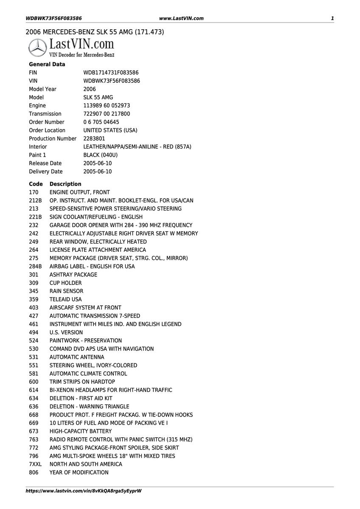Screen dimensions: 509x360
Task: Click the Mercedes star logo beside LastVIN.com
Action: pos(37,48)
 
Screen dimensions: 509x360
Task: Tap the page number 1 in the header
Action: pos(332,18)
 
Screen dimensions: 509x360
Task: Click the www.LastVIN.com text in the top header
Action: pos(181,18)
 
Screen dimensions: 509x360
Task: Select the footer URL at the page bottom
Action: pos(84,491)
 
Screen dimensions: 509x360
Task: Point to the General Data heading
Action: pos(47,65)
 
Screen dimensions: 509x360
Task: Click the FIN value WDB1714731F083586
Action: pos(111,73)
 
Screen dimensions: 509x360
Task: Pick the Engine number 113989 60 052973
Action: pos(107,106)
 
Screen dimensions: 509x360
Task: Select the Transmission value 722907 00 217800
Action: pos(107,114)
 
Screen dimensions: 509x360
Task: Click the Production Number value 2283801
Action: pos(94,138)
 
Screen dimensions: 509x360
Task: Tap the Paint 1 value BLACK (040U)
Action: pos(101,155)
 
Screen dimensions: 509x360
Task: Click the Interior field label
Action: pos(38,147)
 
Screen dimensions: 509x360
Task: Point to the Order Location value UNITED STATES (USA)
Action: pos(110,130)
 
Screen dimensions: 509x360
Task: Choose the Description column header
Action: pos(65,184)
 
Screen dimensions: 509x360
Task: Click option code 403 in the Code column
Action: pos(34,308)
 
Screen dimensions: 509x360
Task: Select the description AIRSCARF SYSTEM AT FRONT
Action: pos(85,308)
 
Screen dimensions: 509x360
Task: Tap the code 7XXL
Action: pos(35,464)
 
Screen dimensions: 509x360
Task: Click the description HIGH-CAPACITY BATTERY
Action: pos(81,431)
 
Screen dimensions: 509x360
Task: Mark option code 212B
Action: pos(35,200)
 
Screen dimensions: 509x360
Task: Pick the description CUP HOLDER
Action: pos(65,283)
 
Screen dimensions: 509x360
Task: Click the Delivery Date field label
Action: pos(45,172)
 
